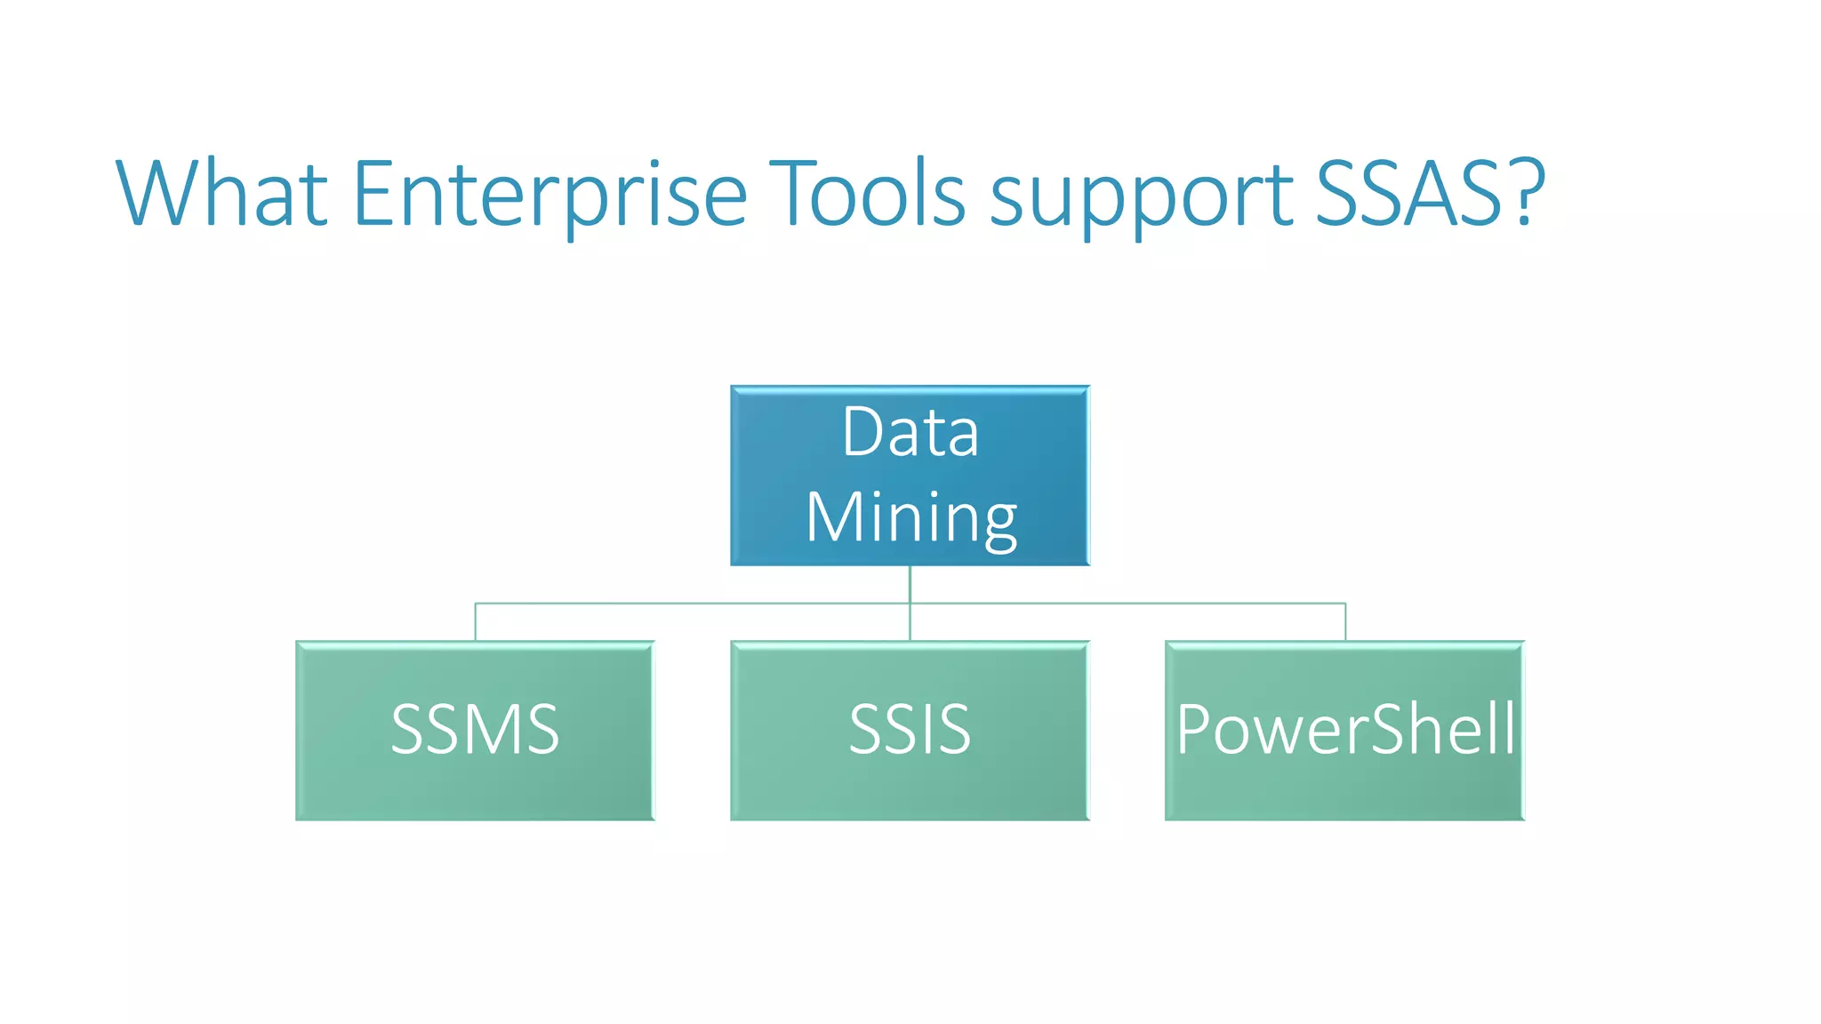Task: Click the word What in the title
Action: tap(222, 194)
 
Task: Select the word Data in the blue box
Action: tap(910, 433)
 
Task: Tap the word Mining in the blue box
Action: tap(910, 518)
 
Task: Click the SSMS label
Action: tap(475, 730)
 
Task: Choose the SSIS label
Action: tap(910, 730)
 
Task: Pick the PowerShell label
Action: tap(1344, 730)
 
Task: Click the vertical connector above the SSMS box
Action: tap(476, 622)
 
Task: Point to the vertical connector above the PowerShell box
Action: tap(1345, 622)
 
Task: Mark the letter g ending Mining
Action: tap(999, 524)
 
